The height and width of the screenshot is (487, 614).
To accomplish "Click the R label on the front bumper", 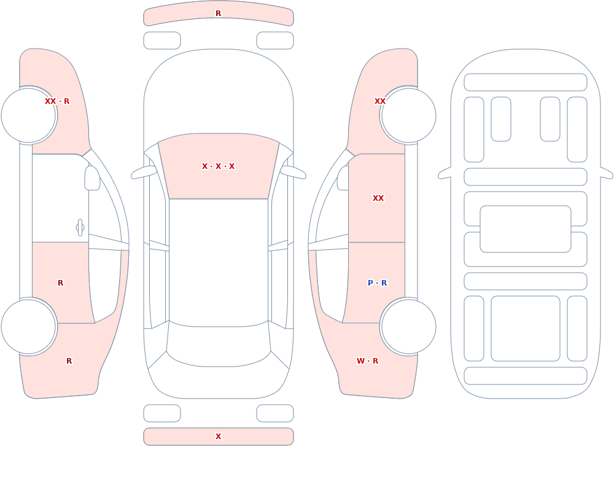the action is (x=218, y=14).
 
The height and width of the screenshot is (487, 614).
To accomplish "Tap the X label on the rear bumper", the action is (x=218, y=437).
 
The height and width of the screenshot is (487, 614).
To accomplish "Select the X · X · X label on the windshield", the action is (x=218, y=166).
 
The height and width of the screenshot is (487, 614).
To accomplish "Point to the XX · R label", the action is (x=57, y=101).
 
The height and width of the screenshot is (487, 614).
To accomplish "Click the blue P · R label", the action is (x=377, y=283).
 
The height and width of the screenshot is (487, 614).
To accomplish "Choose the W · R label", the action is (x=367, y=361).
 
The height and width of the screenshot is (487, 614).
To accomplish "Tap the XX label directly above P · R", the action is (x=378, y=198).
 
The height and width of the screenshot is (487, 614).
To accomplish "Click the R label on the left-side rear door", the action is (x=60, y=283).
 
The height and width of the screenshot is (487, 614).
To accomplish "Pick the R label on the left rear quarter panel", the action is (x=69, y=361).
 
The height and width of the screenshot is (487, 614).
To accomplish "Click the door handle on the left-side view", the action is (x=80, y=228).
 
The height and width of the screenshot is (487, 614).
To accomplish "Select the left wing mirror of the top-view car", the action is (x=144, y=172).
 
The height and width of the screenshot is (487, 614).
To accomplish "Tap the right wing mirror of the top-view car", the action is (x=293, y=172).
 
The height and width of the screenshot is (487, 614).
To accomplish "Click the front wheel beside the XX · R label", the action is (x=29, y=115).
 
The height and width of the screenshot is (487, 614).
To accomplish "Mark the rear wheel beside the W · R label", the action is (x=408, y=327).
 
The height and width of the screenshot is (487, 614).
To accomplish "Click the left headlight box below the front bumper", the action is (x=162, y=41).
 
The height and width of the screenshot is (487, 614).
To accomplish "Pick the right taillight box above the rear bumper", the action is (x=275, y=413).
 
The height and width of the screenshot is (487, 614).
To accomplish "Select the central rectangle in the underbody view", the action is (x=526, y=229).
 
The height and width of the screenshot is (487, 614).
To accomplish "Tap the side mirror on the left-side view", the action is (x=92, y=178).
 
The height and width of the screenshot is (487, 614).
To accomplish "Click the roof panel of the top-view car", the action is (x=219, y=262).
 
